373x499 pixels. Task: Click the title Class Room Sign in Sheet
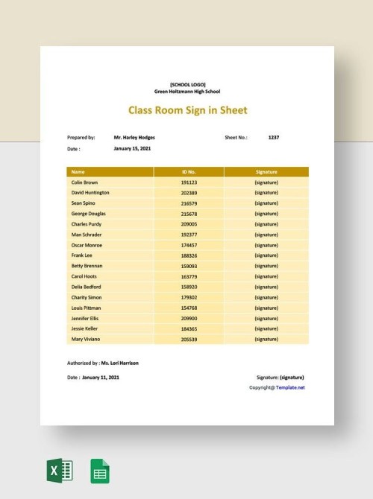point(188,110)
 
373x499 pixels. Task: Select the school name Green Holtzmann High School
point(188,91)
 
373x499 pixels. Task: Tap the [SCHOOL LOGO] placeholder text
point(188,84)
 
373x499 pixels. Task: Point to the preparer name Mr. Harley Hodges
point(134,138)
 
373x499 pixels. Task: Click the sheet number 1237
point(274,138)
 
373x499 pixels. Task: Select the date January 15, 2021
point(131,148)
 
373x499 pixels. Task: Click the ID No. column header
point(188,171)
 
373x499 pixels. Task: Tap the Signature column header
point(266,171)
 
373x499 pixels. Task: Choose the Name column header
point(78,171)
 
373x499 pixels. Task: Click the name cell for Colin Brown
point(84,182)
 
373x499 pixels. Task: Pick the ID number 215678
point(189,213)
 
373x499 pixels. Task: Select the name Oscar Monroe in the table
point(87,244)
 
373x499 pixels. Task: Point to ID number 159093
point(189,266)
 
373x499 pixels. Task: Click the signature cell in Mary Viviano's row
point(266,339)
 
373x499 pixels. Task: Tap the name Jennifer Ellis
point(87,318)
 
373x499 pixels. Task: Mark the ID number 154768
point(189,308)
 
